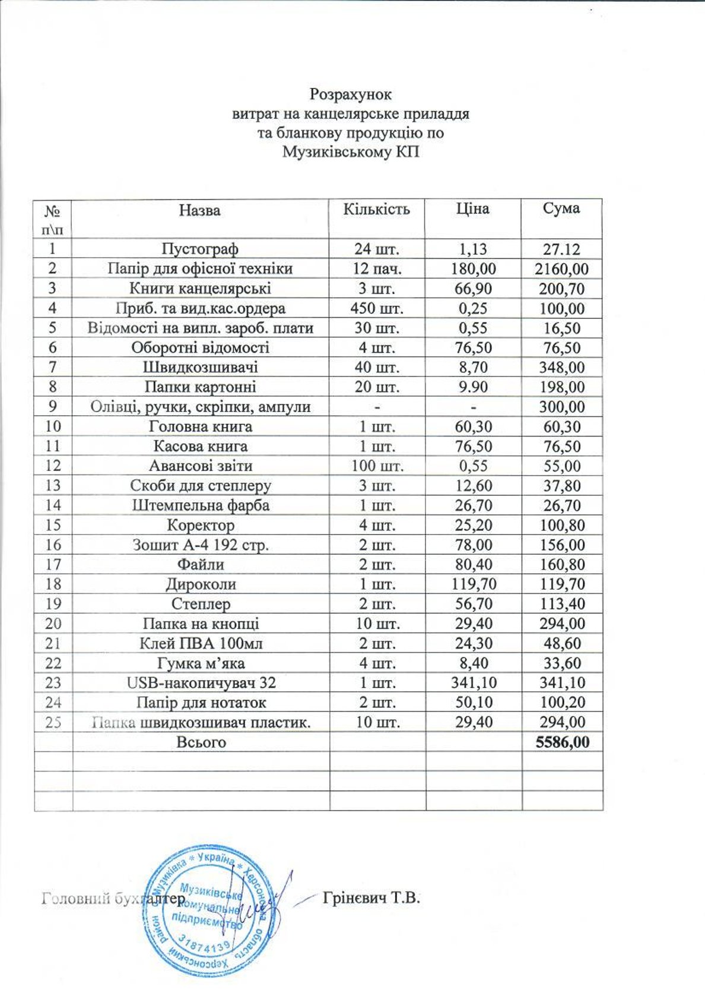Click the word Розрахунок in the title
[x=351, y=94]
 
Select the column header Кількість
[x=377, y=210]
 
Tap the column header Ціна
[x=472, y=209]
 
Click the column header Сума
[x=561, y=209]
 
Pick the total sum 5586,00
[x=562, y=742]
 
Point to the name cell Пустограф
[x=201, y=249]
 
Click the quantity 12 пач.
[x=377, y=268]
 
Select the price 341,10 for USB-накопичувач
[x=473, y=683]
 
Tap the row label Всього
[x=201, y=742]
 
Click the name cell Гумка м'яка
[x=201, y=663]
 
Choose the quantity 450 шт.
[x=377, y=308]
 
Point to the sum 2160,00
[x=561, y=269]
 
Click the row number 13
[x=53, y=486]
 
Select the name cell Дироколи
[x=201, y=584]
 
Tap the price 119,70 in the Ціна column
[x=473, y=584]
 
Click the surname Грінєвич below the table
[x=355, y=897]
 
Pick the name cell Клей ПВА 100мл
[x=201, y=643]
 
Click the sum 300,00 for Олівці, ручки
[x=561, y=407]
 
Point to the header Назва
[x=200, y=210]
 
